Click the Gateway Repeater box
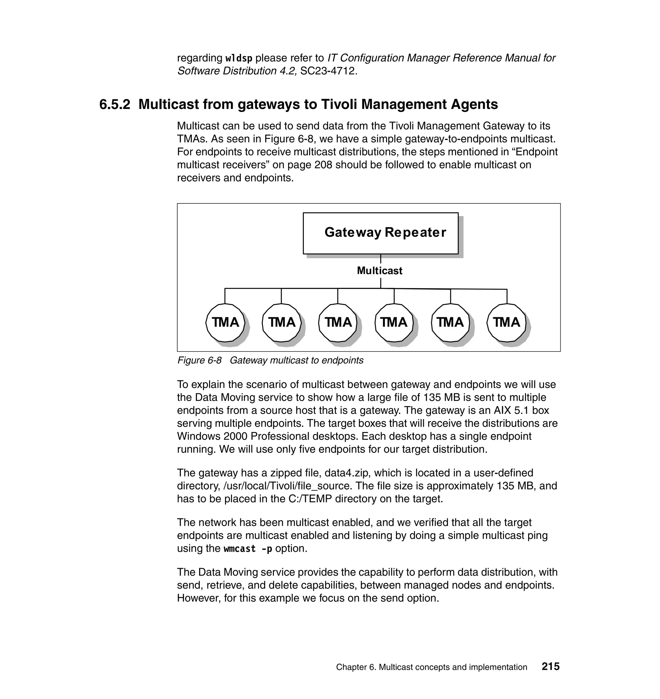click(x=380, y=233)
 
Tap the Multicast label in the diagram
click(x=380, y=271)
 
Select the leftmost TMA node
click(x=225, y=322)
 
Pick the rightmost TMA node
click(x=506, y=322)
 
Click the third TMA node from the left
click(x=338, y=322)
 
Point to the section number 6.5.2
click(x=115, y=104)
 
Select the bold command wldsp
click(x=238, y=58)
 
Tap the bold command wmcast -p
click(x=248, y=549)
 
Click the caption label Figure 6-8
click(x=199, y=360)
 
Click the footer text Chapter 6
click(x=356, y=667)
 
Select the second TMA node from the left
click(x=281, y=322)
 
